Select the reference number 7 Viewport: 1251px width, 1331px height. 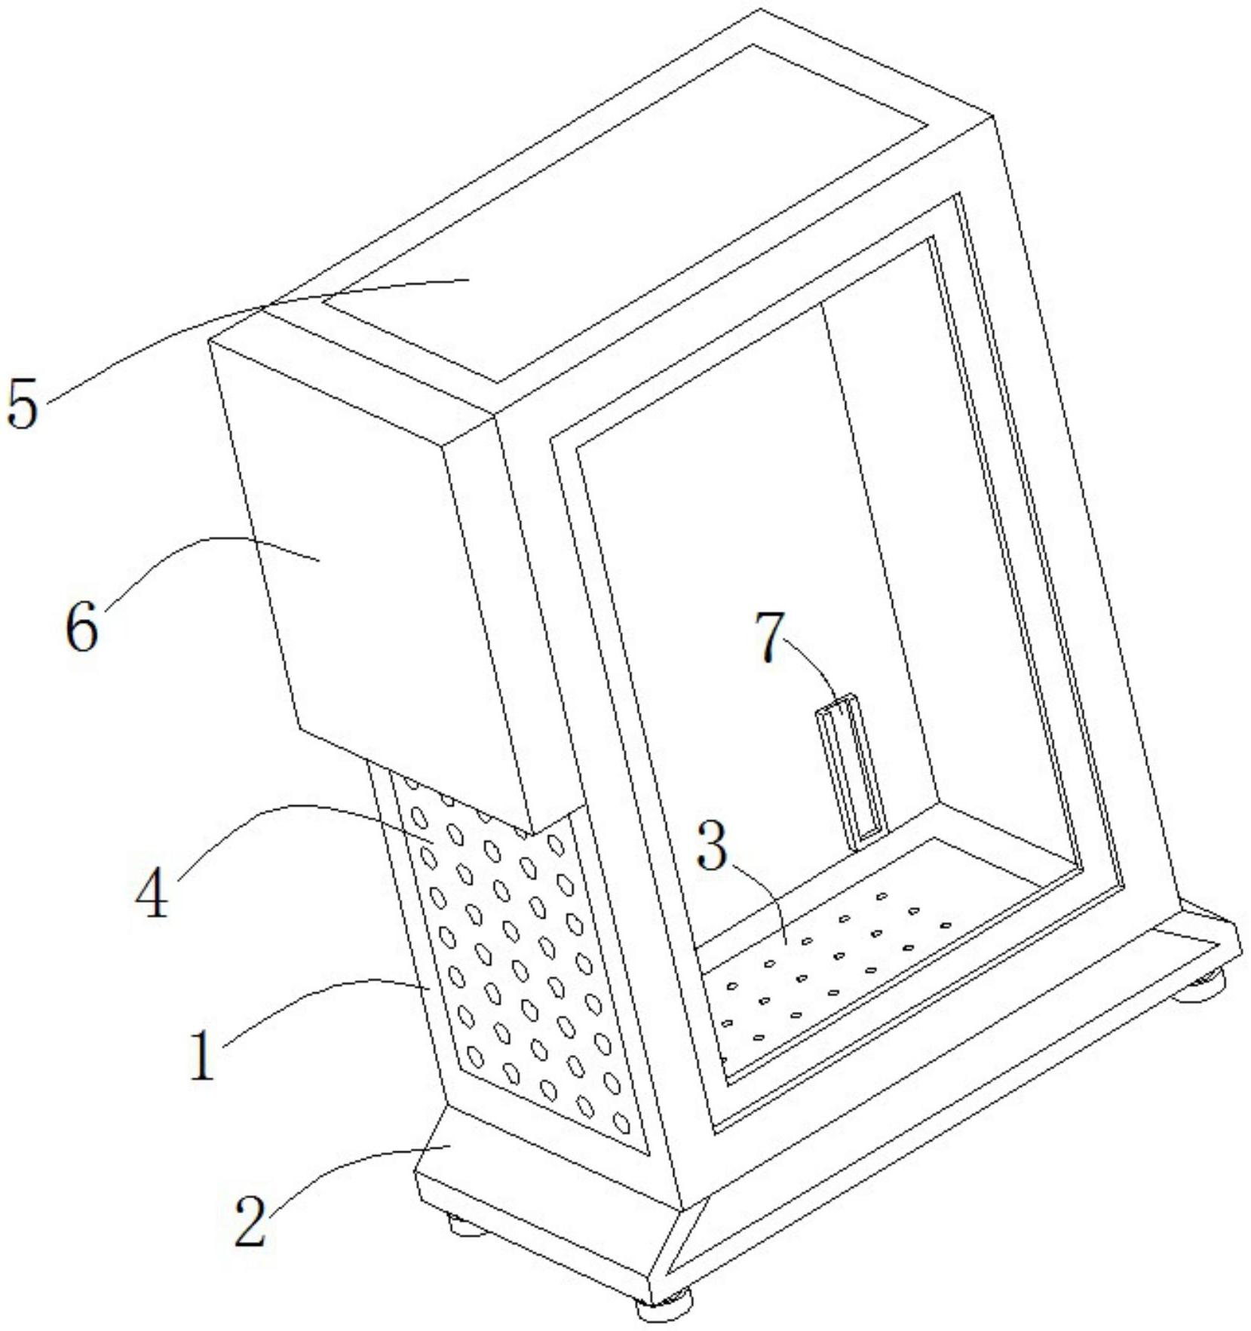[x=770, y=639]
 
